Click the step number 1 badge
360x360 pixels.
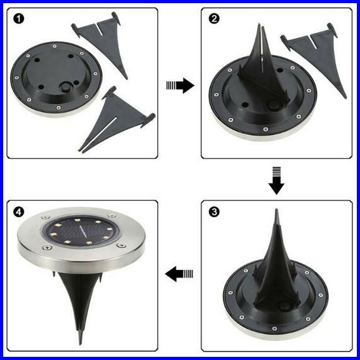click(x=19, y=19)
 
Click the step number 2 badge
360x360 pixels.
click(x=214, y=19)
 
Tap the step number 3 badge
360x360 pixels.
click(x=214, y=211)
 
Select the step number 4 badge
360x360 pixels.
click(x=19, y=211)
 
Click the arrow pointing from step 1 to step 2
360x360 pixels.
click(x=180, y=86)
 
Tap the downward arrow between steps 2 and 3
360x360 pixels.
click(x=276, y=181)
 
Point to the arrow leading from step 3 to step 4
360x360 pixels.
click(x=179, y=274)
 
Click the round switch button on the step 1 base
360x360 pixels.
click(x=66, y=88)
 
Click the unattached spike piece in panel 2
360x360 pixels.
click(x=314, y=57)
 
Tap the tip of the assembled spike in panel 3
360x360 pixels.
click(x=277, y=210)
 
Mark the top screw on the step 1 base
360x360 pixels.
click(x=55, y=46)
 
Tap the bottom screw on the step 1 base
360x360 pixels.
click(x=58, y=107)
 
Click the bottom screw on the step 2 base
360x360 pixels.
click(x=265, y=130)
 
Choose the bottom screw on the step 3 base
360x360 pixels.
click(x=274, y=329)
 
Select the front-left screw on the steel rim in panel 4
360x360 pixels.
click(x=47, y=248)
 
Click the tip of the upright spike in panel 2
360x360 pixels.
click(x=259, y=24)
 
